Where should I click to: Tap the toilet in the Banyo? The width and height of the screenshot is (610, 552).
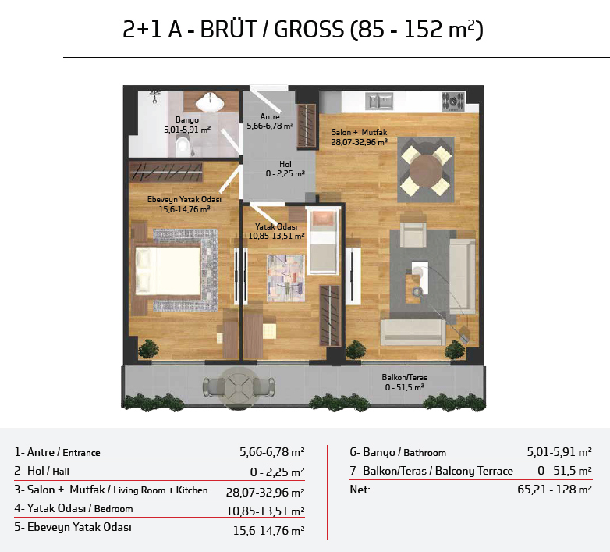182,147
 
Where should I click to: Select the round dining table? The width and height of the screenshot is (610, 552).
426,170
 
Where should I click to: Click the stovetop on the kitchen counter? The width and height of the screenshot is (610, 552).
453,102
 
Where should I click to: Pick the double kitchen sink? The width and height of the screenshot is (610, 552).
379,101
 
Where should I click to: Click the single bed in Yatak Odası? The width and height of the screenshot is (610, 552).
322,241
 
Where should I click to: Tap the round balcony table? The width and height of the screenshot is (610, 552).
238,387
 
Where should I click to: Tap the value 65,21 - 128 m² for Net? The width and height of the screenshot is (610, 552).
555,490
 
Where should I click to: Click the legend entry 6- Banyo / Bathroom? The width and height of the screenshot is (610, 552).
398,452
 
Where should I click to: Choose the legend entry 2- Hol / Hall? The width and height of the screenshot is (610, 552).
41,471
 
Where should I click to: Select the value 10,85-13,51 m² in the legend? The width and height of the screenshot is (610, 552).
265,511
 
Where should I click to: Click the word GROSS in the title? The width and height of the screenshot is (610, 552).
309,30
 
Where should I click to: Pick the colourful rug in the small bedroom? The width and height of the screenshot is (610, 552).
285,278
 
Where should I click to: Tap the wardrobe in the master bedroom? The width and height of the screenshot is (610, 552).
165,173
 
